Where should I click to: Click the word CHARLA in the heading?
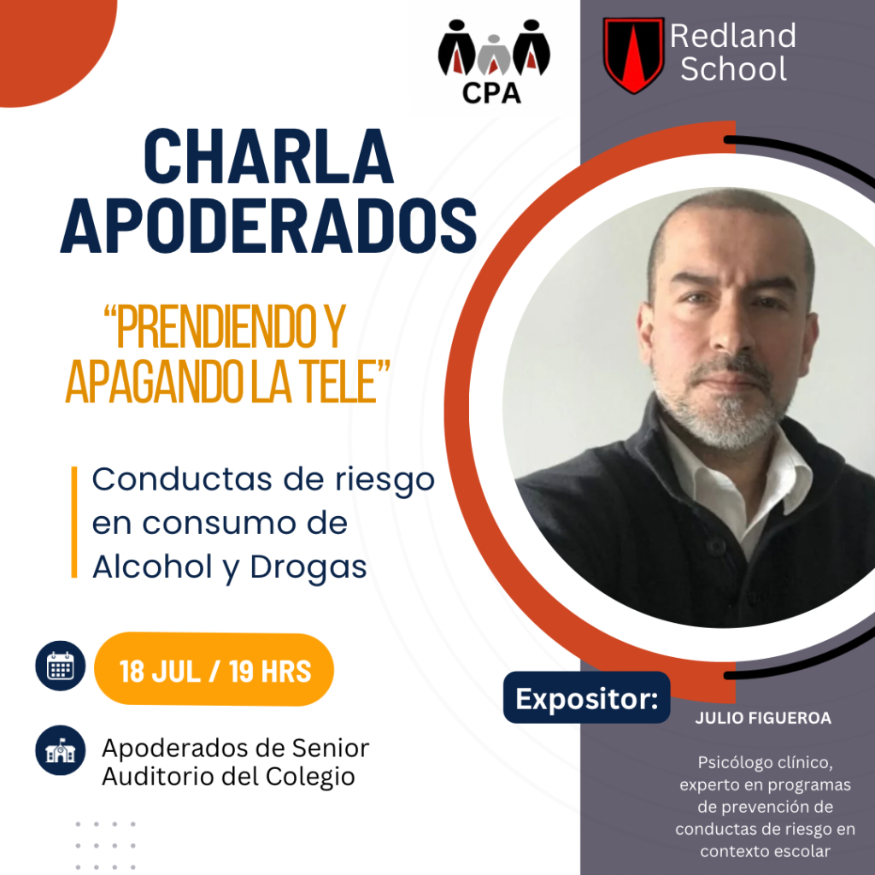pyautogui.click(x=269, y=157)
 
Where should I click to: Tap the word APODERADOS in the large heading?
pyautogui.click(x=268, y=225)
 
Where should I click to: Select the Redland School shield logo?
pyautogui.click(x=633, y=55)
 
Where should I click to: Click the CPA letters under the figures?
pyautogui.click(x=491, y=93)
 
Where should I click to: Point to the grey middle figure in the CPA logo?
pyautogui.click(x=493, y=55)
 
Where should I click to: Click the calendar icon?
pyautogui.click(x=61, y=666)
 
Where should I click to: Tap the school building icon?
pyautogui.click(x=61, y=750)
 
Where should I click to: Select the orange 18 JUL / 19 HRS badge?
pyautogui.click(x=214, y=670)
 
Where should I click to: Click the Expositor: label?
pyautogui.click(x=586, y=698)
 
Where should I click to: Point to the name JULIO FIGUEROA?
pyautogui.click(x=763, y=718)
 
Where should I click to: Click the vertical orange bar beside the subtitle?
pyautogui.click(x=74, y=522)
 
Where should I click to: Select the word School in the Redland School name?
pyautogui.click(x=733, y=68)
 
